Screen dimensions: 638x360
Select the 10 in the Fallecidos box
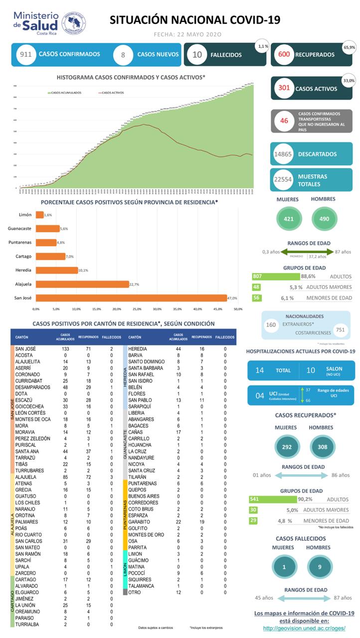197,55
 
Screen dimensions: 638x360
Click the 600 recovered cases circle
285,55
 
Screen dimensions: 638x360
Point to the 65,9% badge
349,47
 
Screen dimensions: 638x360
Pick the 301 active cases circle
284,88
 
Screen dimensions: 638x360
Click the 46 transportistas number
284,121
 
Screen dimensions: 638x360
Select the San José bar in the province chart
131,298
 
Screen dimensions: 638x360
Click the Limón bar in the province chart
39,215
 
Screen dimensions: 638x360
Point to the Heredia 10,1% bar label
83,270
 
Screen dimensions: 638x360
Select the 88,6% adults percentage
308,276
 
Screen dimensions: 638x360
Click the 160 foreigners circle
271,325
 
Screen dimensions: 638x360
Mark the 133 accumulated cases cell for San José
65,349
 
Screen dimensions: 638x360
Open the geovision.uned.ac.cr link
304,629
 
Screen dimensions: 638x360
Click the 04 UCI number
259,395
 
